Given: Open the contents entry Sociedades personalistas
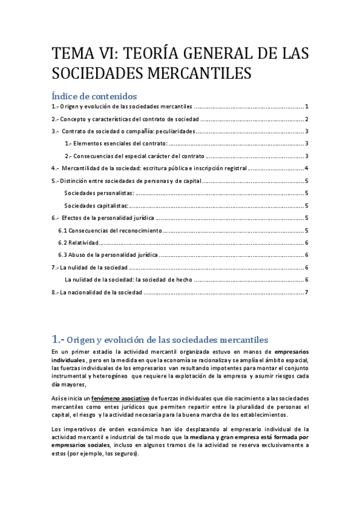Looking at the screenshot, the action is (99, 193).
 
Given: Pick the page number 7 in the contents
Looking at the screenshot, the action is (307, 293).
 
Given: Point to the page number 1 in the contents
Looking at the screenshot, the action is (307, 106).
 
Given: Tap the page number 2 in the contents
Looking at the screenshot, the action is (307, 119).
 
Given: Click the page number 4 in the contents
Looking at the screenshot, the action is (307, 168).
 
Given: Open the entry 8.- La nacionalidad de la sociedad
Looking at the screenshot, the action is (97, 293).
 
